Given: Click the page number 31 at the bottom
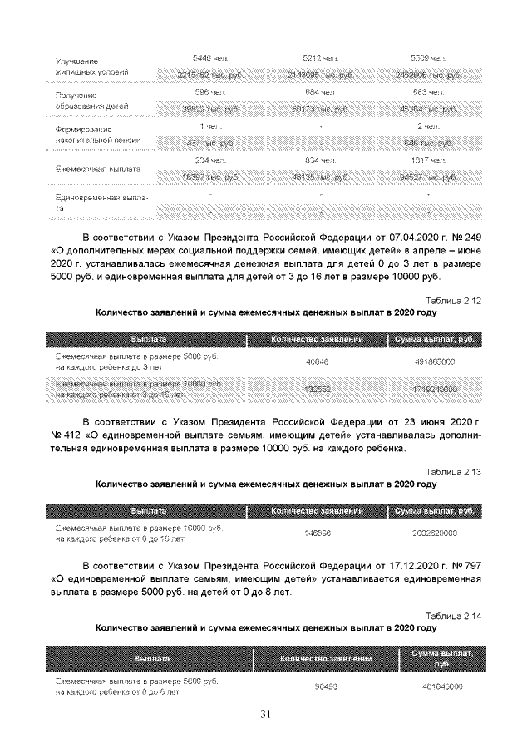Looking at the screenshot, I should click(x=266, y=714).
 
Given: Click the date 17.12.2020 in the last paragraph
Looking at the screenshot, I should click(x=389, y=565).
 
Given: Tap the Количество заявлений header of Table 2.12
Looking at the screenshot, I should click(x=318, y=339).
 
